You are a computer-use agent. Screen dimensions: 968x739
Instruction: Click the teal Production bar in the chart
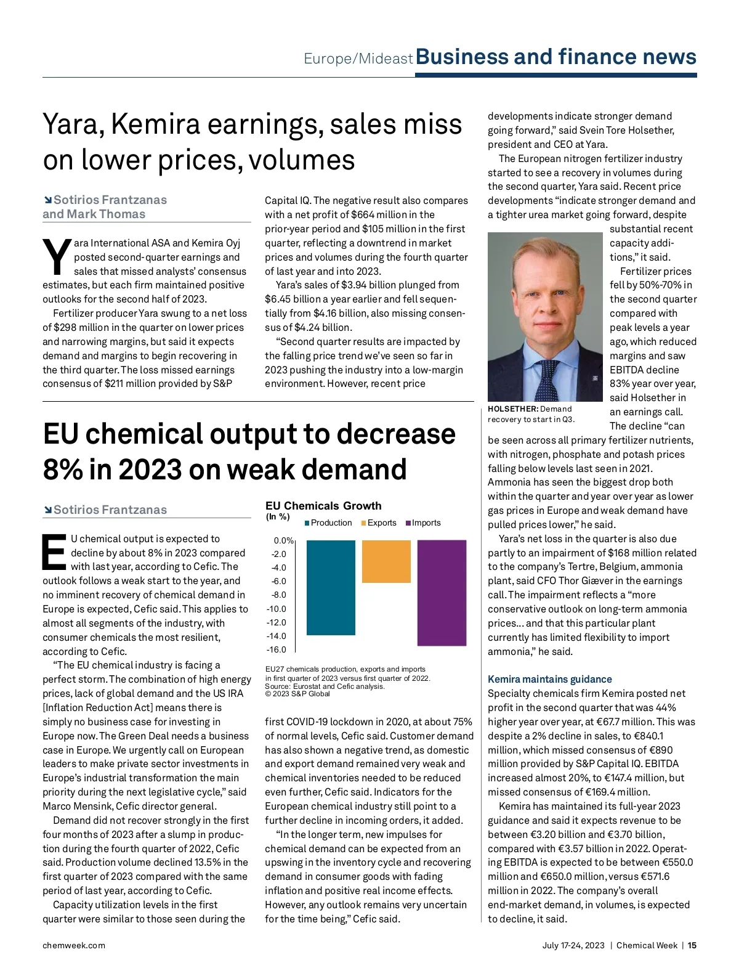(331, 587)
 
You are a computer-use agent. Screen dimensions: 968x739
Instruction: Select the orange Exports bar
(386, 561)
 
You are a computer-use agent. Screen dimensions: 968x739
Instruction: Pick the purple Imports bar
(442, 593)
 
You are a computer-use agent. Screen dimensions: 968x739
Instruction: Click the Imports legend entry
(426, 523)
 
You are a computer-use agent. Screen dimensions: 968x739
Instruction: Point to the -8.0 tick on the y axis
(279, 595)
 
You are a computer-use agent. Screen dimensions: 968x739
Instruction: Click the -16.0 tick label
(277, 649)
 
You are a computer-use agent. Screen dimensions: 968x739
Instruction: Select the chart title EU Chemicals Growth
(323, 506)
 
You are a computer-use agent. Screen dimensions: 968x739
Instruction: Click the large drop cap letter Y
(57, 257)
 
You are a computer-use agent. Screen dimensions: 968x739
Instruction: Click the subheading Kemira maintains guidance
(549, 679)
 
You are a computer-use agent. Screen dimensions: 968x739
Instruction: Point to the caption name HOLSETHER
(512, 409)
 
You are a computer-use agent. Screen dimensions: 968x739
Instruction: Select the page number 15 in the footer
(692, 945)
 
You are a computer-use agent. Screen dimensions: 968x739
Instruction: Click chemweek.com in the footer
(74, 945)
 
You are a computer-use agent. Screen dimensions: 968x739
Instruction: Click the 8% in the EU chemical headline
(62, 470)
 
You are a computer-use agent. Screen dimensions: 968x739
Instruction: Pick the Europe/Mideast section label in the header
(358, 59)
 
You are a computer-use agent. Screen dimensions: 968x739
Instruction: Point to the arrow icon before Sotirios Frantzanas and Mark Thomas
(47, 200)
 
